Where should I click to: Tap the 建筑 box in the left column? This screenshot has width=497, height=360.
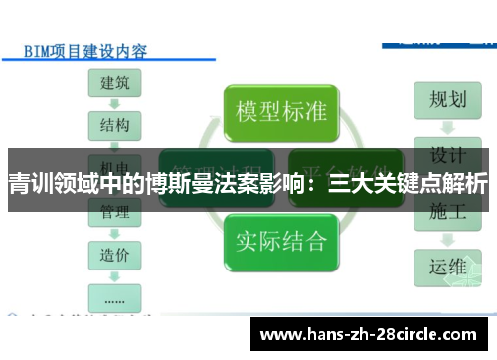(x=114, y=83)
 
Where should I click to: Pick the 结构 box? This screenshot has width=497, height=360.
(x=114, y=126)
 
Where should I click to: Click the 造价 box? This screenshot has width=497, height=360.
(x=114, y=255)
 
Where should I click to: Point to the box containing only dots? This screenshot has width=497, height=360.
(x=114, y=296)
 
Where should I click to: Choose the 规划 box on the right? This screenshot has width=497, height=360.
(x=448, y=100)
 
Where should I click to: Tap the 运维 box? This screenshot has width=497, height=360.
(x=448, y=266)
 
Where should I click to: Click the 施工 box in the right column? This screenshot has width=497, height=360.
(x=448, y=212)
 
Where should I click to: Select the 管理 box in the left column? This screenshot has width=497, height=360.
(x=114, y=212)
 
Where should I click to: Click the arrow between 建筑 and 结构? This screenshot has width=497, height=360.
(x=114, y=104)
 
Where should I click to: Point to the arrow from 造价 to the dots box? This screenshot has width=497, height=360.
(x=114, y=275)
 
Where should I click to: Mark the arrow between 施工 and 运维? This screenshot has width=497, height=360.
(x=448, y=239)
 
